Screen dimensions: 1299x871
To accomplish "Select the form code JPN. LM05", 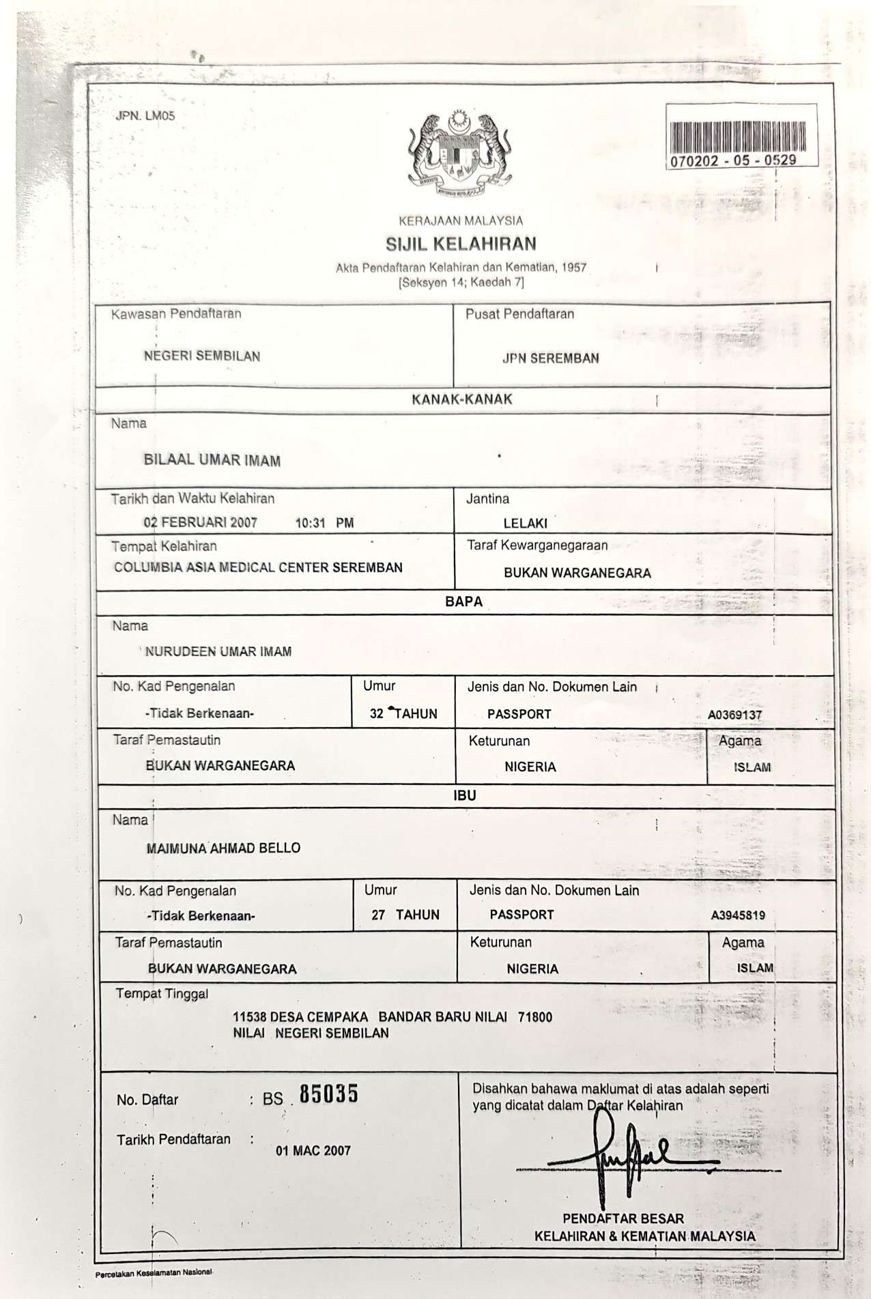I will tap(145, 116).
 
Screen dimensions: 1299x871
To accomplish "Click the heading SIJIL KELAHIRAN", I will tap(461, 244).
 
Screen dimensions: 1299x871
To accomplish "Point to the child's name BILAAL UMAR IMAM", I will tap(212, 460).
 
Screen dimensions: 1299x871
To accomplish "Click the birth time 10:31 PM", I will tap(324, 524).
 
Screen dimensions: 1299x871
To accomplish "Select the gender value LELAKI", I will tap(525, 524).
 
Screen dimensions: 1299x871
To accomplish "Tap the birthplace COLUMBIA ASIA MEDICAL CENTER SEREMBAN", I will tap(258, 567).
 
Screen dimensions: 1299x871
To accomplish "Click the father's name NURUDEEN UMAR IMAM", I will tap(218, 652).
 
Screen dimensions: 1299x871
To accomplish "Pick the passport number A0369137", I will tap(734, 715).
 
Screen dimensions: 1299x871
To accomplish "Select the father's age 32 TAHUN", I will tap(403, 714).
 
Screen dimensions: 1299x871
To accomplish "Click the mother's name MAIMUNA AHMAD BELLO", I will tap(223, 848).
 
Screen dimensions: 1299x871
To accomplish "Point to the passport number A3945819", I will tap(738, 915).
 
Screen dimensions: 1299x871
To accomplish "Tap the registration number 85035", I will tap(328, 1094).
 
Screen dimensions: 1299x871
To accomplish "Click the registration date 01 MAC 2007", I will tap(313, 1151).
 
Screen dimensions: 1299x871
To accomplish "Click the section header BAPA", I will tap(463, 601).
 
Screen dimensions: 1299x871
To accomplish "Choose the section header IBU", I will tap(465, 795).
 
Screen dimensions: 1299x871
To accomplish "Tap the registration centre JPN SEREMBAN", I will tap(550, 358).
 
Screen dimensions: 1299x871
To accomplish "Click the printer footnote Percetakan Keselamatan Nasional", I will tap(154, 1273).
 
